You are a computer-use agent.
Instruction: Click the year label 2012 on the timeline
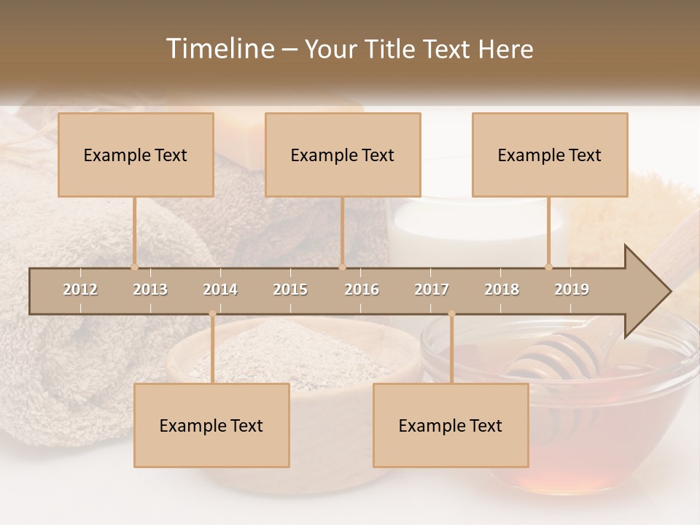[x=80, y=289]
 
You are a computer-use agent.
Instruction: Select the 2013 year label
[x=150, y=289]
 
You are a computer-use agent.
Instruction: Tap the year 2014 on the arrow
[x=220, y=289]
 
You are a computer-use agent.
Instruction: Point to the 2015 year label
[x=290, y=289]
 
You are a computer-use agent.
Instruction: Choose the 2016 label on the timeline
[x=362, y=289]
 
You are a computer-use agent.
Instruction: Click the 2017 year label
[x=432, y=289]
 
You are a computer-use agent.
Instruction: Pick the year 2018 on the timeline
[x=502, y=289]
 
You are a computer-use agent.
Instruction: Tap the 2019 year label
[x=572, y=289]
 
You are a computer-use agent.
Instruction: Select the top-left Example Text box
[x=136, y=155]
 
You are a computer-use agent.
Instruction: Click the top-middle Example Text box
[x=343, y=155]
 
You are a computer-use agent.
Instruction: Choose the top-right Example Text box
[x=550, y=155]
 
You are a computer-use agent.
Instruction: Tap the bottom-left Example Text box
[x=211, y=426]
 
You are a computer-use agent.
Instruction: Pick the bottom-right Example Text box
[x=451, y=426]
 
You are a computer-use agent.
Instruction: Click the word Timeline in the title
[x=218, y=49]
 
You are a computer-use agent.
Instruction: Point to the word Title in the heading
[x=392, y=49]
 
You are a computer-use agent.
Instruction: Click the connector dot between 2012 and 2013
[x=134, y=267]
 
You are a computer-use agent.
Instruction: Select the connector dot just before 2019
[x=549, y=267]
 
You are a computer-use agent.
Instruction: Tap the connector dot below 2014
[x=212, y=314]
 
